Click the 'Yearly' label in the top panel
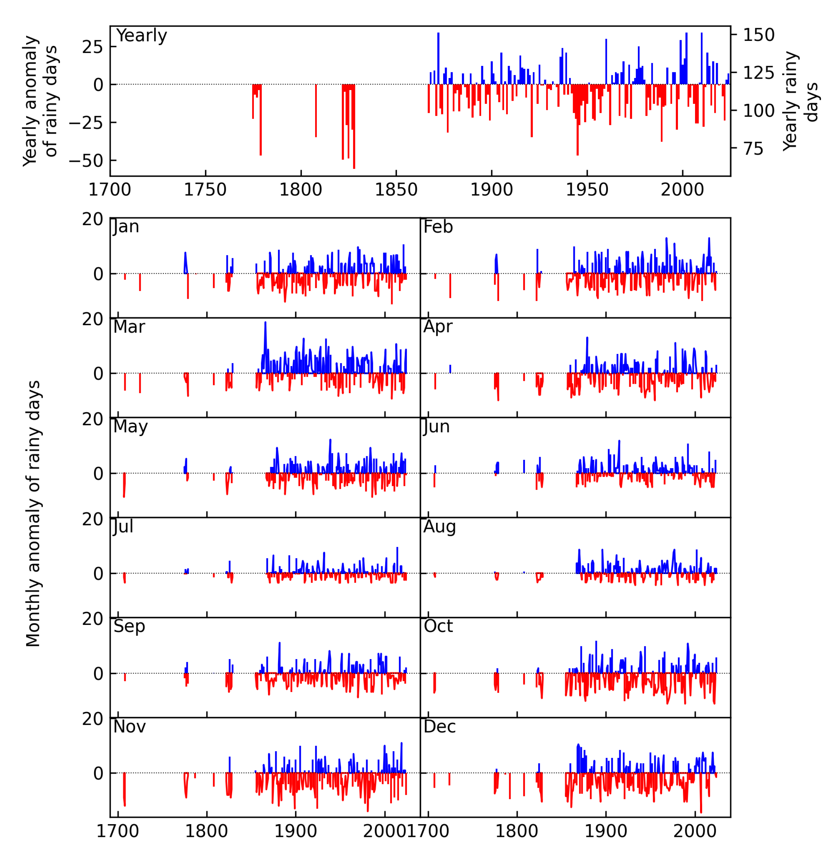pos(141,36)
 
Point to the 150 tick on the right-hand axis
pos(758,35)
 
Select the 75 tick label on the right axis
pos(753,149)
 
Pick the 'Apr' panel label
pos(438,327)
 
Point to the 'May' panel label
pos(130,427)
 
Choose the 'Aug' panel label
pos(439,526)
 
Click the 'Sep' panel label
pos(129,626)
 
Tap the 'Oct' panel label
pos(438,626)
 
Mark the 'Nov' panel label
pos(129,727)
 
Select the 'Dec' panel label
pos(439,727)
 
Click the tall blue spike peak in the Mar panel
pos(265,323)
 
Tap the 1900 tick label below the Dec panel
pos(606,831)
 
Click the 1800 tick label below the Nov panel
pos(206,831)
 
